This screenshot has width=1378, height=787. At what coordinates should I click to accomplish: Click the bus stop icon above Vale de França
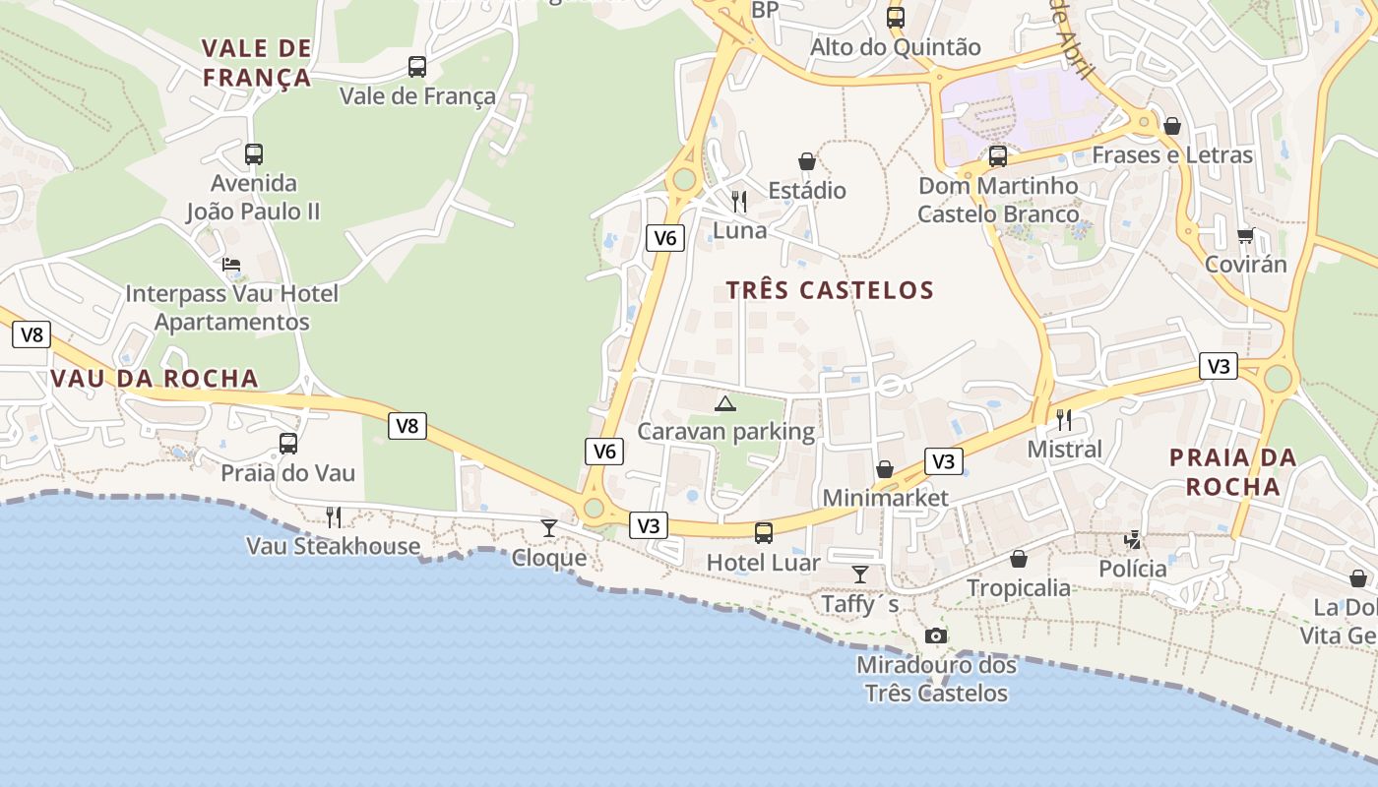point(417,67)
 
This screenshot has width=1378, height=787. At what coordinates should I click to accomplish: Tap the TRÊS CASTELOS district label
point(830,290)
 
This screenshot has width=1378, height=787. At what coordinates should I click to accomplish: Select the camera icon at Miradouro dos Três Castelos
point(936,636)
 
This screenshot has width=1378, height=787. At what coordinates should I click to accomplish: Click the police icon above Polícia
point(1133,539)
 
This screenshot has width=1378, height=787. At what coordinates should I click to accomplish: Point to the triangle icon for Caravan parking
point(725,403)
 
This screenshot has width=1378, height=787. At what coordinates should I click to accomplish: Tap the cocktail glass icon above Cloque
point(549,528)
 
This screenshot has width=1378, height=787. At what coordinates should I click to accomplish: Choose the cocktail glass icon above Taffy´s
point(860,575)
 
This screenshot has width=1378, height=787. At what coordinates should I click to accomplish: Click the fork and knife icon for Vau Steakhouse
point(334,516)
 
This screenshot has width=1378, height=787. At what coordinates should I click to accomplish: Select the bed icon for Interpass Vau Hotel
point(231,265)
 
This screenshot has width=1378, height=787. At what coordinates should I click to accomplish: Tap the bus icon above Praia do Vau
point(287,444)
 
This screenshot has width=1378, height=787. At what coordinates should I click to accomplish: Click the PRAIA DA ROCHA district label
point(1232,472)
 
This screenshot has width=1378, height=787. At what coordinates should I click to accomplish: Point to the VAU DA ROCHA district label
point(155,379)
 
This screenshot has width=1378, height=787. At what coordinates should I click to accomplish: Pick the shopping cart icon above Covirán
point(1245,235)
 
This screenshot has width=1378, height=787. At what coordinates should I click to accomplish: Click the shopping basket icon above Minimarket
point(885,469)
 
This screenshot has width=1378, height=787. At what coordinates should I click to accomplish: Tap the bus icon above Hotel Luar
point(764,533)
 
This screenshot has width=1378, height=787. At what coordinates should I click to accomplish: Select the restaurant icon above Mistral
point(1064,420)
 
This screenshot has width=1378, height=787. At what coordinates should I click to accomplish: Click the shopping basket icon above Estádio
point(807,161)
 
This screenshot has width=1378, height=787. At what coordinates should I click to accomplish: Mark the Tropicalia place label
point(1018,588)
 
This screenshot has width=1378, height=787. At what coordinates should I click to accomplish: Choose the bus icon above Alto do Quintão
point(895,18)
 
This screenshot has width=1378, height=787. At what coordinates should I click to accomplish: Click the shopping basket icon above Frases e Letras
point(1171,126)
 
